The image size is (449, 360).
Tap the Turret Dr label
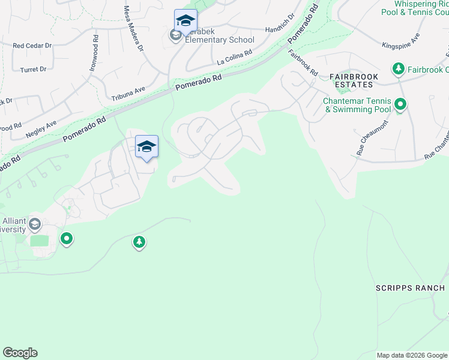[x=34, y=70]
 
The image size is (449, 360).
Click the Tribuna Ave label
[x=128, y=93]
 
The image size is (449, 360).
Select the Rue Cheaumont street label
[x=371, y=139]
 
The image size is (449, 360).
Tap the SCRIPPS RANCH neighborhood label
[x=411, y=288]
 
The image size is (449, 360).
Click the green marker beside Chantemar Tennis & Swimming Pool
[x=400, y=105]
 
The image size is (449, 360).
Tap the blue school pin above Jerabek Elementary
[x=185, y=21]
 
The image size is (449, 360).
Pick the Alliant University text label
[x=13, y=225]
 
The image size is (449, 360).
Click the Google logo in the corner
[x=20, y=353]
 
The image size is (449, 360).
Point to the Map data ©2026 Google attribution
[x=411, y=355]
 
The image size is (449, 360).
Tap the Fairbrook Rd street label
[x=303, y=62]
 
